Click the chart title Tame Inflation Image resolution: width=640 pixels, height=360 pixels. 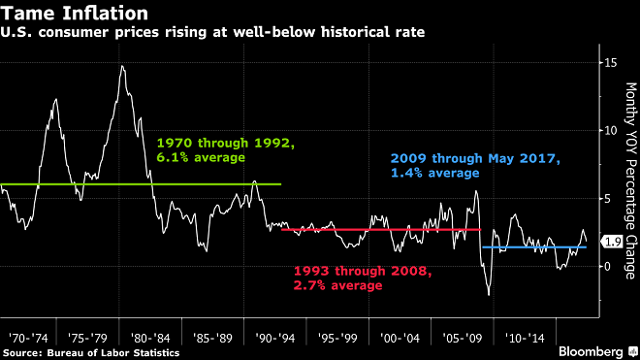pos(75,14)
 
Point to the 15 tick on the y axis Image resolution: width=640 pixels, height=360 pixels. pos(608,62)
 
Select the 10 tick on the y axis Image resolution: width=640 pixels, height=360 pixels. pos(608,130)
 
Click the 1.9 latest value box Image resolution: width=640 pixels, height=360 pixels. pos(611,241)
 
